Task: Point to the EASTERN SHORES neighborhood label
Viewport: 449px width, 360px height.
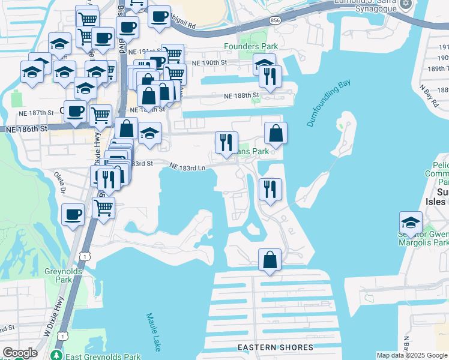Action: click(x=275, y=347)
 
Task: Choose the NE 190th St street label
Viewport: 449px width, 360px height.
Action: click(x=209, y=62)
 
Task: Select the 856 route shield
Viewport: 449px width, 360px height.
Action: click(x=276, y=20)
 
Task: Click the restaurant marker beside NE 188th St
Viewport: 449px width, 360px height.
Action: click(x=270, y=76)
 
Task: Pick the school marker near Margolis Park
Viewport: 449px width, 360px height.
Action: click(x=410, y=222)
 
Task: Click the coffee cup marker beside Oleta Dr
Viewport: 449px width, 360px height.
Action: click(x=73, y=214)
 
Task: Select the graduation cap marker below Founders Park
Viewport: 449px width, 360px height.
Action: click(x=264, y=64)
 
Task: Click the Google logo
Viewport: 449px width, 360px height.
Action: click(x=20, y=353)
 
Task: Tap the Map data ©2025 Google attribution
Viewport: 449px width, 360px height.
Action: click(x=412, y=355)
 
